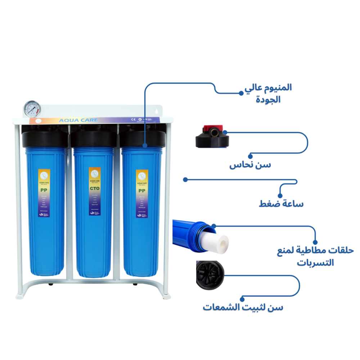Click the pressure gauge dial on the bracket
coord(33,109)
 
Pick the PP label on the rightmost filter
coord(142,190)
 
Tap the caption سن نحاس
coord(250,165)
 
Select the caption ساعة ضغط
coord(281,204)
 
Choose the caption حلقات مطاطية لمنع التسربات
coord(315,256)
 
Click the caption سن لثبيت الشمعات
coord(243,307)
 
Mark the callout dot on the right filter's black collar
coord(145,146)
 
